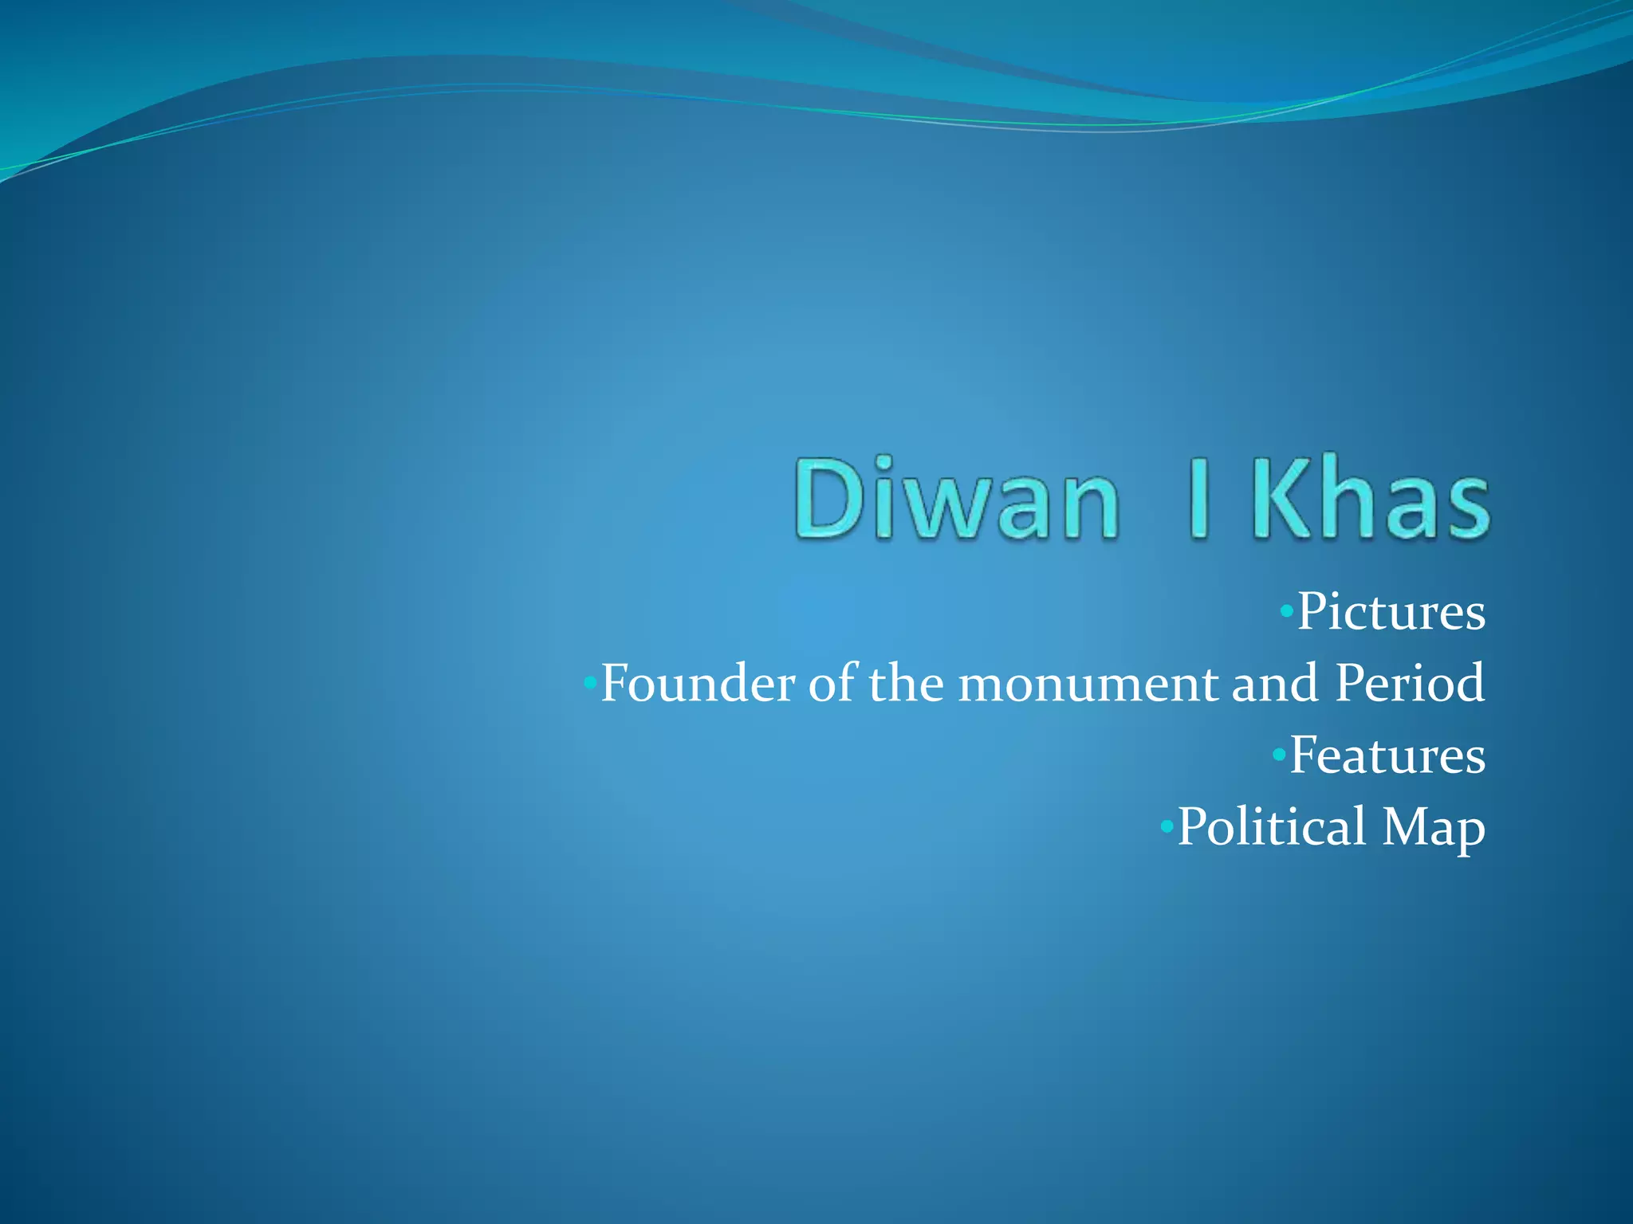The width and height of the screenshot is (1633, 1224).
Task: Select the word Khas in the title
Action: [x=1370, y=498]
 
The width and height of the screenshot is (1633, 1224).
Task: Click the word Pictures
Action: [x=1391, y=612]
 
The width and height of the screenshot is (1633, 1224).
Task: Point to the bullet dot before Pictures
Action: [x=1285, y=612]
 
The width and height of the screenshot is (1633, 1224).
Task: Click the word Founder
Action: [x=698, y=684]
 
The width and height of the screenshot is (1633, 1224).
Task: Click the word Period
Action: [x=1410, y=684]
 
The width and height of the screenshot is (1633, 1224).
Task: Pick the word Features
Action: [x=1387, y=755]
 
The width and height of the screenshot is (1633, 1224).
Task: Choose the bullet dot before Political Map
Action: [x=1166, y=826]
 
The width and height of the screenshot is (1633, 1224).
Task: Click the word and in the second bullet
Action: [x=1274, y=684]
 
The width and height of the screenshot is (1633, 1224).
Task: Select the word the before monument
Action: [x=907, y=684]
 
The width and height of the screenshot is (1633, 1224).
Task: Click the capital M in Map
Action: [x=1407, y=826]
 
